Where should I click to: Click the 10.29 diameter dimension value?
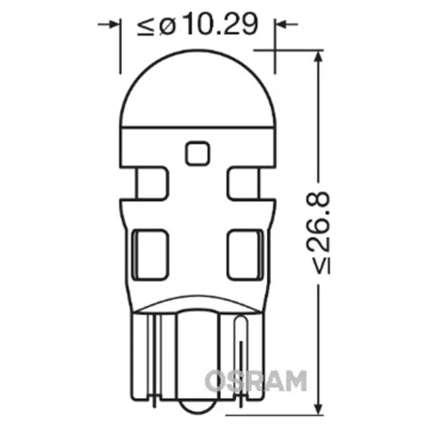click(222, 24)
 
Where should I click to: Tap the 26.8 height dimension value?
click(318, 221)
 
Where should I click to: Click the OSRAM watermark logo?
click(256, 381)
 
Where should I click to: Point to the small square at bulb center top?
click(198, 153)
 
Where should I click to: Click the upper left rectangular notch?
click(152, 183)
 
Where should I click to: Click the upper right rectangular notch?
click(243, 183)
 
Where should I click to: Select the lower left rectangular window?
click(150, 255)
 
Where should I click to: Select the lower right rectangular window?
click(245, 255)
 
